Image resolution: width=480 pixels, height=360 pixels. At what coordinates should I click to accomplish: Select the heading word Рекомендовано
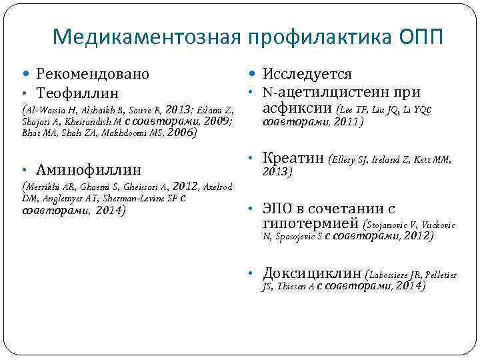[x=93, y=74]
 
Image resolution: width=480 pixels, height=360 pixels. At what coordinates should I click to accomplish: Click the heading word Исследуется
[x=307, y=74]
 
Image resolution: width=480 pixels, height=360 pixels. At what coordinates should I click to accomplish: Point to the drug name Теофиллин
[x=78, y=92]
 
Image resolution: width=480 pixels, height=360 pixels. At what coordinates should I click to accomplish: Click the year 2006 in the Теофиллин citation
[x=181, y=132]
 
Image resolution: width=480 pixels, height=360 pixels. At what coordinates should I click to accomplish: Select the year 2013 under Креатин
[x=277, y=171]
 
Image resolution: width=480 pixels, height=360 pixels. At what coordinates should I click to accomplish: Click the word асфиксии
[x=298, y=108]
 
